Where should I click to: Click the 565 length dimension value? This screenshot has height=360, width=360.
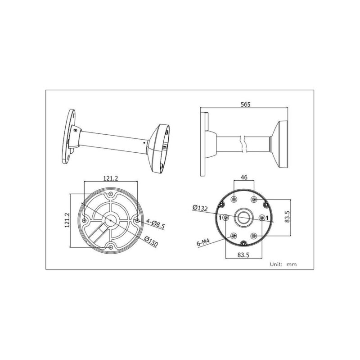[x=245, y=104]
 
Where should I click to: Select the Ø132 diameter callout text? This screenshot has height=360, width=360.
[x=199, y=207]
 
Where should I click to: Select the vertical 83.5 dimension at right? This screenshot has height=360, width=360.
[x=293, y=218]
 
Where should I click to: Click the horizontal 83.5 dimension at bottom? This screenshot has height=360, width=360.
[x=244, y=255]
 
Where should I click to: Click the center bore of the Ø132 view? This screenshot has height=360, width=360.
[x=244, y=217]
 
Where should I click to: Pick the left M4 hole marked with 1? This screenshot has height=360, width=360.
[x=225, y=218]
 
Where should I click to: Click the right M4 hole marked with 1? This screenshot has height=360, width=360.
[x=262, y=218]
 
